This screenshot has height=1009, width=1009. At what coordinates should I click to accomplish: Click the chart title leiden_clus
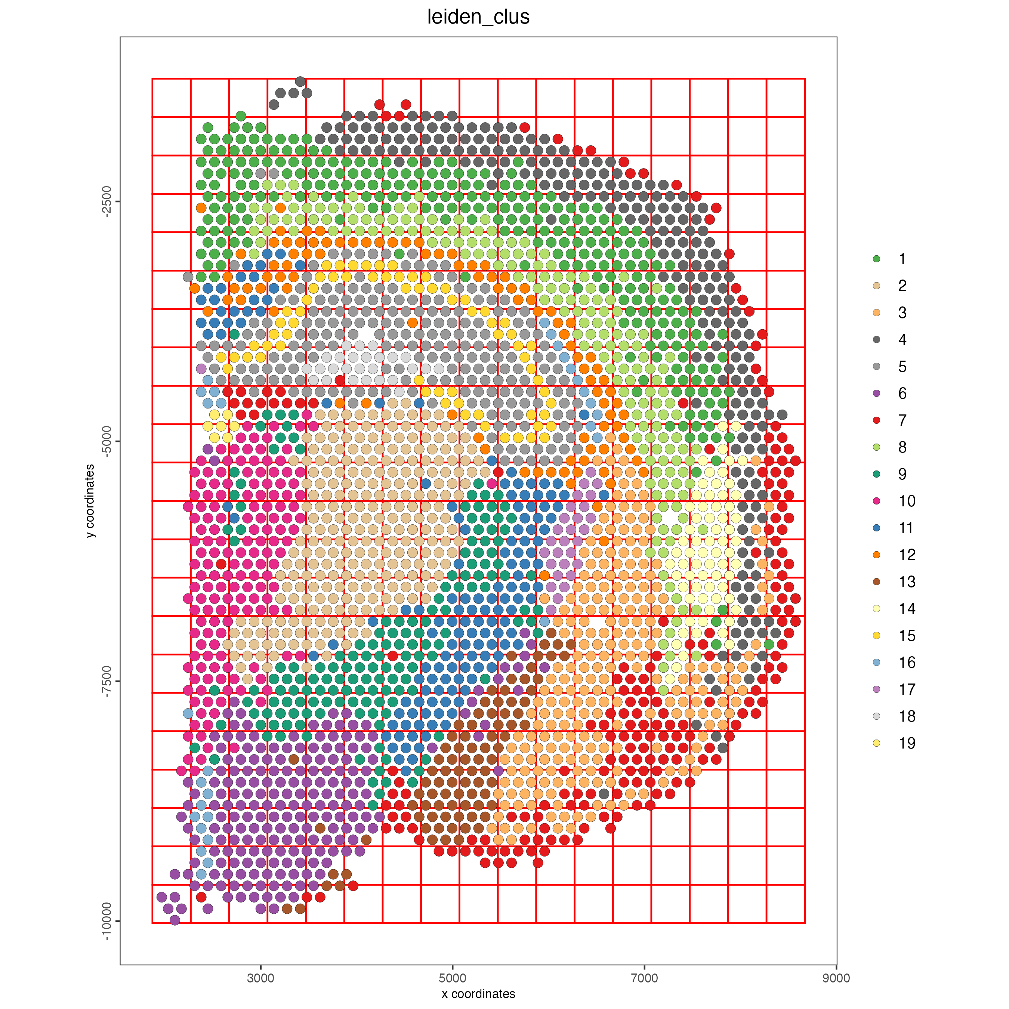pyautogui.click(x=478, y=17)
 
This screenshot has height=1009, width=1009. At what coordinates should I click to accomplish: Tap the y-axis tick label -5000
pyautogui.click(x=107, y=441)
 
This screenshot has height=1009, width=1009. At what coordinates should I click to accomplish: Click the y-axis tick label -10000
pyautogui.click(x=107, y=921)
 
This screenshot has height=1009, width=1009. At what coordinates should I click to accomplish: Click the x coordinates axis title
pyautogui.click(x=478, y=993)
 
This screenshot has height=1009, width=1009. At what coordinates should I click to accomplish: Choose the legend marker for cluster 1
pyautogui.click(x=876, y=259)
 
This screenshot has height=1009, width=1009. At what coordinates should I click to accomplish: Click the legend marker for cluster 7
pyautogui.click(x=876, y=420)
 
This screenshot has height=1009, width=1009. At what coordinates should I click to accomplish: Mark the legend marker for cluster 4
pyautogui.click(x=876, y=339)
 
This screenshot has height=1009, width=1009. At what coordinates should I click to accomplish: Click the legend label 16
pyautogui.click(x=907, y=663)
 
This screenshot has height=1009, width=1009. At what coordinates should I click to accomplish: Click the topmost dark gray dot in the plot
pyautogui.click(x=300, y=81)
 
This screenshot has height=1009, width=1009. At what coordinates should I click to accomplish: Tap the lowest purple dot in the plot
pyautogui.click(x=175, y=920)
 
